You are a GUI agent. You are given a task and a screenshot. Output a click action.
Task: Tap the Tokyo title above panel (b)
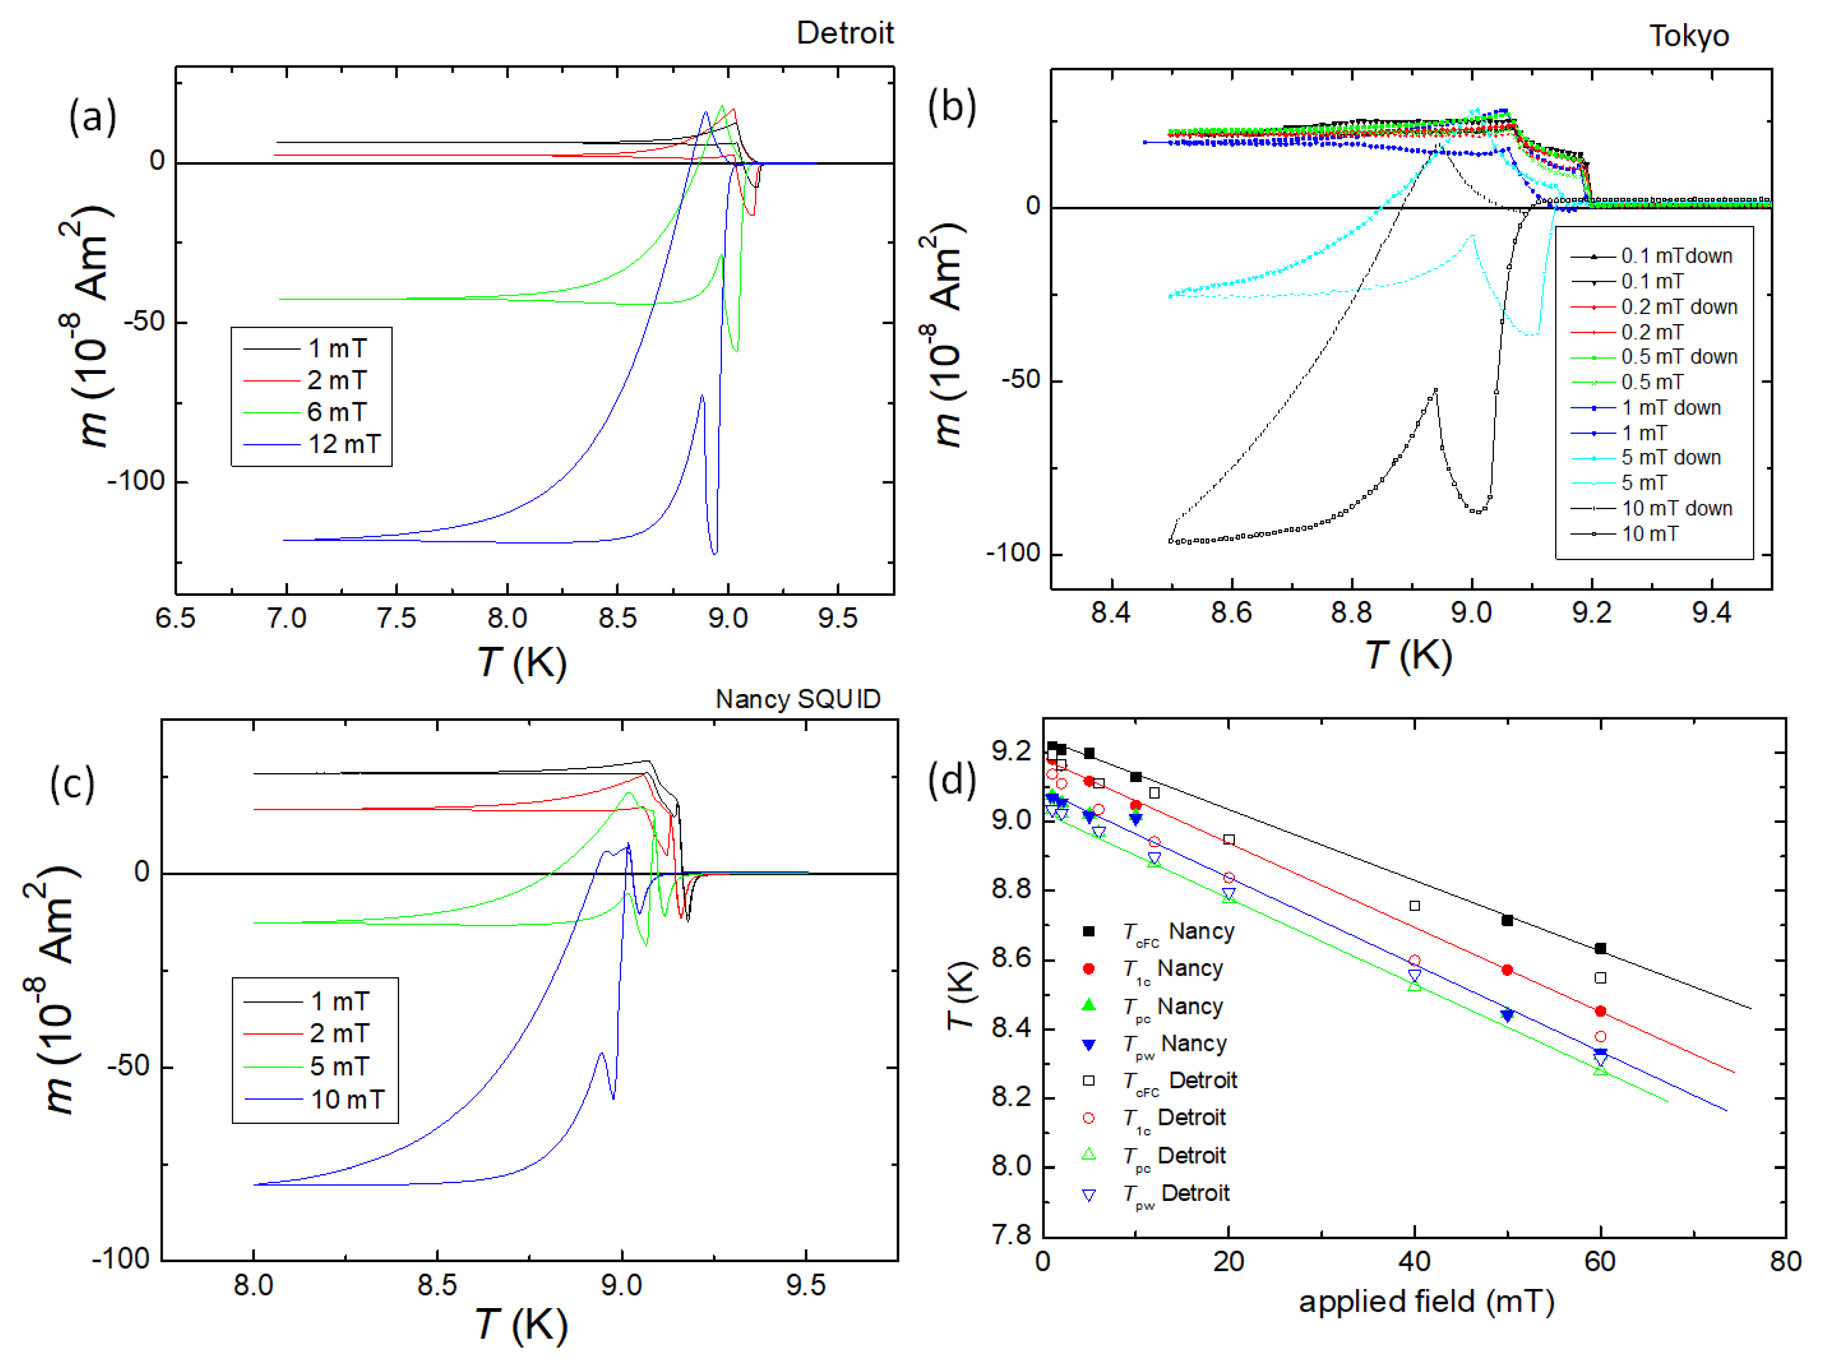click(1689, 36)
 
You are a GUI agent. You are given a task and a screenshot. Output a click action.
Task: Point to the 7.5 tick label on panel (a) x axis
click(396, 618)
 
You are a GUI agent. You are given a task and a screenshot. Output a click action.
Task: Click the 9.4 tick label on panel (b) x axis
click(1711, 613)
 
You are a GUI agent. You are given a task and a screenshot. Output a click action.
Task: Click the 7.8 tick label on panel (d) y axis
click(1010, 1235)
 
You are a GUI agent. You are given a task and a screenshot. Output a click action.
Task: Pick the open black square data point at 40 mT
click(1414, 906)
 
